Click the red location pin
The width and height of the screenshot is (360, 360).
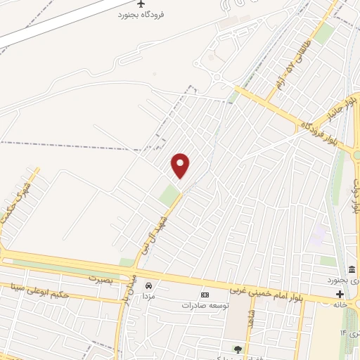tap(181, 165)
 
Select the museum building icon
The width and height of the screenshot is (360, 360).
tap(351, 270)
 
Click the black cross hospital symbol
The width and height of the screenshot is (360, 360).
tap(340, 294)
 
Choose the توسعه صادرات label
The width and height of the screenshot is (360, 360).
tap(206, 306)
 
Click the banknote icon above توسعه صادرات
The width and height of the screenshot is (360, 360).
tap(205, 295)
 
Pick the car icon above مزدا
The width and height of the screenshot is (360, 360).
tap(148, 285)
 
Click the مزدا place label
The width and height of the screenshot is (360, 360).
tap(148, 296)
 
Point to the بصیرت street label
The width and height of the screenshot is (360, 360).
tap(100, 278)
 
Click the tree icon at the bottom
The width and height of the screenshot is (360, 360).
tap(238, 349)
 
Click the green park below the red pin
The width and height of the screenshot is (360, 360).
tap(169, 195)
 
